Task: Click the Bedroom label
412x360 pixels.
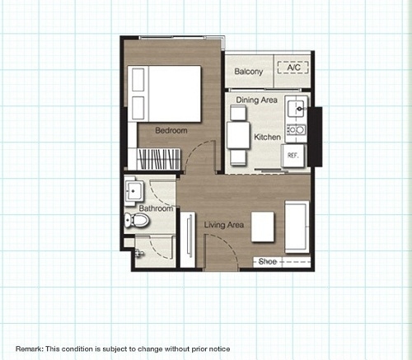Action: [x=171, y=130]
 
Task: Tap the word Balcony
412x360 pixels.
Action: [x=249, y=72]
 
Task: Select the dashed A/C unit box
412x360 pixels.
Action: [x=293, y=68]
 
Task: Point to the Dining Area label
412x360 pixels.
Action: [x=256, y=100]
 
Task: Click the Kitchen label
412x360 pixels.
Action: [x=267, y=137]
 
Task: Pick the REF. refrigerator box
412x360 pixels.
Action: [x=293, y=156]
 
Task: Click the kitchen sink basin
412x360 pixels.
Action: [x=296, y=109]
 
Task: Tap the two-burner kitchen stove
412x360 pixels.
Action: [x=297, y=129]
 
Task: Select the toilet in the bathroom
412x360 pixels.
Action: [x=137, y=220]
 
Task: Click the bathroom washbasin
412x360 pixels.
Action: [x=133, y=191]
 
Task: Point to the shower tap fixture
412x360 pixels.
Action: [x=140, y=253]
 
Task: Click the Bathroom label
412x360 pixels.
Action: [x=156, y=208]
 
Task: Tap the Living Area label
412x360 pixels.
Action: [x=224, y=225]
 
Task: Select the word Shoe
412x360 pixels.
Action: [x=268, y=261]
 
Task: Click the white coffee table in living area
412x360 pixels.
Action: [x=263, y=227]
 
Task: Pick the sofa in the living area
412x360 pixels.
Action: [x=297, y=227]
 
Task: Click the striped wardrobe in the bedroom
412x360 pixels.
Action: [x=158, y=159]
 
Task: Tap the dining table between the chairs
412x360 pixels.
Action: [x=238, y=136]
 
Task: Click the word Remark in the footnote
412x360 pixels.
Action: [x=29, y=349]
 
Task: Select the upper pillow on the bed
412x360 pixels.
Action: [x=138, y=80]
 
